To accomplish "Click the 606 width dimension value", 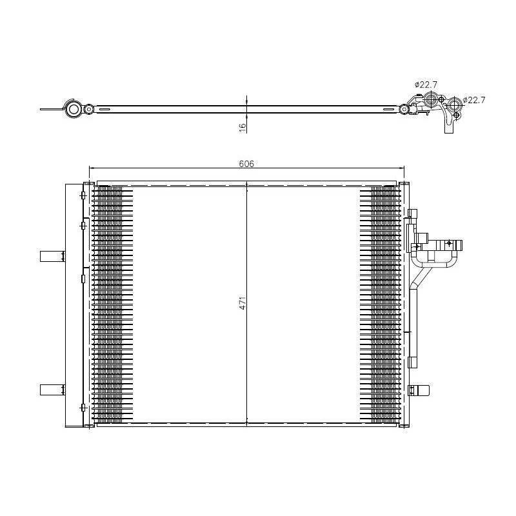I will pos(246,164).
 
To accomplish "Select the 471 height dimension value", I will pos(243,303).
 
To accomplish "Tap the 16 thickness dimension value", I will pos(243,128).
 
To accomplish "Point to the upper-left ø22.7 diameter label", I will pos(425,84).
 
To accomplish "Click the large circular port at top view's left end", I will pos(74,110).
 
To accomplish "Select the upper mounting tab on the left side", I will pos(52,256).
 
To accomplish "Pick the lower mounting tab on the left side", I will pos(52,390).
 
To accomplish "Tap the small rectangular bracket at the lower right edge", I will pos(420,390).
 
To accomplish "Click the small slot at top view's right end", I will pos(388,110).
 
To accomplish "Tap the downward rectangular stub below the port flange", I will pos(448,128).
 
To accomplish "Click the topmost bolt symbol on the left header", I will pos(83,195).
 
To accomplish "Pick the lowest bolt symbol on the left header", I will pos(83,407).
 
